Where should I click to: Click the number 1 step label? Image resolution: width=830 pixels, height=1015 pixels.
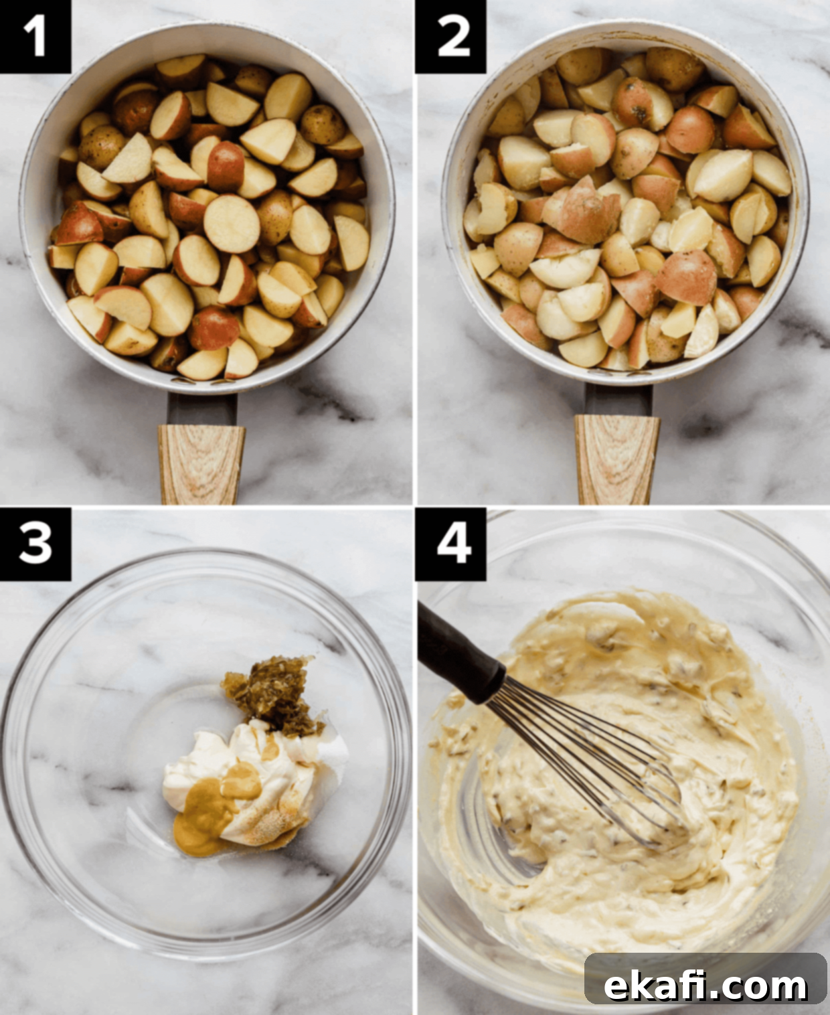click(x=35, y=36)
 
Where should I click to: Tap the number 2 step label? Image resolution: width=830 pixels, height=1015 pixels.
click(x=451, y=36)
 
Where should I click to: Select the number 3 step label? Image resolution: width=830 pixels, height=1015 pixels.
click(x=35, y=544)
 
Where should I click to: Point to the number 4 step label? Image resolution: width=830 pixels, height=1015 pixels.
click(x=451, y=544)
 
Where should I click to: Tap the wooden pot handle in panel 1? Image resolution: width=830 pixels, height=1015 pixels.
click(x=201, y=464)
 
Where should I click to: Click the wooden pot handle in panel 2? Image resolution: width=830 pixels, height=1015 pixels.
click(x=617, y=459)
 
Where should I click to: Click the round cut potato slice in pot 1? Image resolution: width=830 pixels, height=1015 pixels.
click(x=232, y=224)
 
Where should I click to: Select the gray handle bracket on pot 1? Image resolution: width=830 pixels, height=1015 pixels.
click(x=202, y=409)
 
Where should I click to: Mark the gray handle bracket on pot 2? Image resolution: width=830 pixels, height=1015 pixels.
click(x=618, y=400)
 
